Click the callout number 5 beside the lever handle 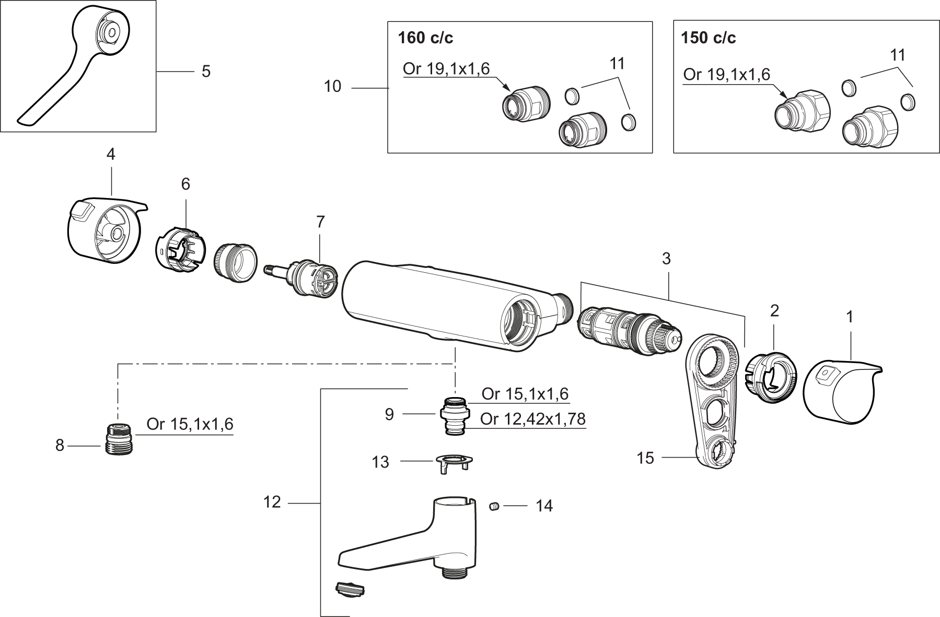click(x=206, y=72)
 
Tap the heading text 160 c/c click(x=425, y=38)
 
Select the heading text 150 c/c click(x=709, y=38)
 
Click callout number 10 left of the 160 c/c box click(x=332, y=86)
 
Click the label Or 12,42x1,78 click(x=532, y=419)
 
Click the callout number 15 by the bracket click(x=645, y=458)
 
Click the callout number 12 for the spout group click(x=272, y=502)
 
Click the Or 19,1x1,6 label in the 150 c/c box click(x=726, y=74)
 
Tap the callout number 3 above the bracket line click(x=666, y=259)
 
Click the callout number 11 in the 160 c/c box click(x=617, y=64)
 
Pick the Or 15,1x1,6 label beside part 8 click(x=190, y=424)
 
